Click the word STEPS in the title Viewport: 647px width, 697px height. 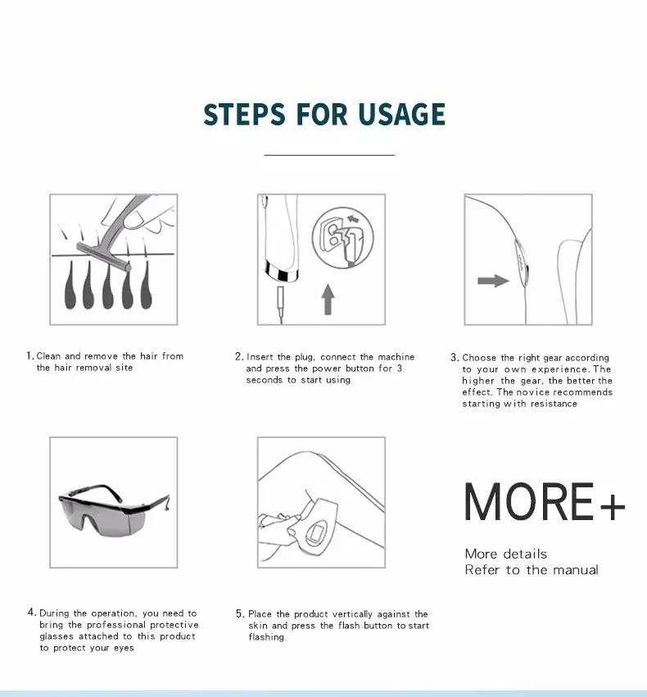[244, 114]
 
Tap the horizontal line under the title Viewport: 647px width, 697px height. [329, 155]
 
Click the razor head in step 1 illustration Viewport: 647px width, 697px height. [103, 256]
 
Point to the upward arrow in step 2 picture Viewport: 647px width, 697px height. [328, 299]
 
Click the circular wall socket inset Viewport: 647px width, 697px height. [342, 238]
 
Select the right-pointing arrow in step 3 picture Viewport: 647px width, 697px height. [493, 281]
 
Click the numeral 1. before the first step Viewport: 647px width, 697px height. [29, 355]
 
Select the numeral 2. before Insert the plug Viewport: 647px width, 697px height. [239, 356]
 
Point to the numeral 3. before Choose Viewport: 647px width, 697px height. [455, 357]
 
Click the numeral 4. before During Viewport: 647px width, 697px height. [32, 613]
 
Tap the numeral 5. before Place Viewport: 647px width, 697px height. [240, 614]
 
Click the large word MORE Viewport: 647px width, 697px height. [529, 502]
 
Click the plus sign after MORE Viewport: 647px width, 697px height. [613, 506]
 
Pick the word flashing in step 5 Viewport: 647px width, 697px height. [266, 637]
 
